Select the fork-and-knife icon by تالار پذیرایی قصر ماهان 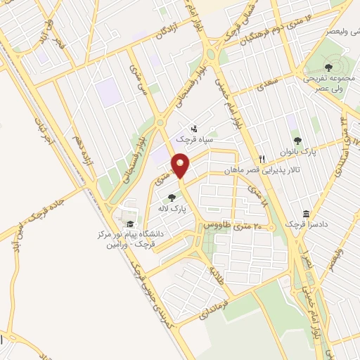pyautogui.click(x=262, y=159)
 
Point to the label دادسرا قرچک pyautogui.click(x=307, y=224)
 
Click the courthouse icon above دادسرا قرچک pyautogui.click(x=307, y=214)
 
